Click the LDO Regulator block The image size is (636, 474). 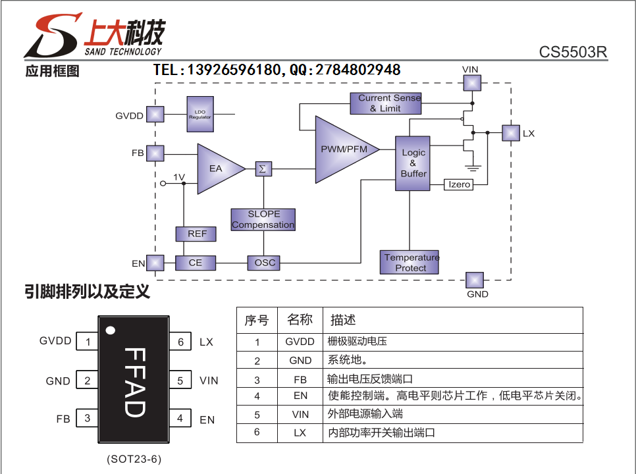(200, 114)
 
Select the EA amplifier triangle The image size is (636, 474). (217, 169)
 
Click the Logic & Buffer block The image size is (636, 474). (413, 163)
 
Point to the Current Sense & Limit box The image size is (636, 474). (386, 103)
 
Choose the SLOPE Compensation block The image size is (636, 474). (263, 219)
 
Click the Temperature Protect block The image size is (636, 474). (410, 262)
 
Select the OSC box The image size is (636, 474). (263, 263)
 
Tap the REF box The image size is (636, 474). (196, 234)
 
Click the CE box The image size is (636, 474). (196, 263)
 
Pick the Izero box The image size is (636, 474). (459, 184)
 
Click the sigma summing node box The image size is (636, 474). (263, 169)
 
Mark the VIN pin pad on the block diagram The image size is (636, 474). (472, 83)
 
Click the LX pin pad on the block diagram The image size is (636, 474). (511, 133)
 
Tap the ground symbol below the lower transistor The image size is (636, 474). (473, 167)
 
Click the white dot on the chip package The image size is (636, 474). (111, 330)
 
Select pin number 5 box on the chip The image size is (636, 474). (180, 381)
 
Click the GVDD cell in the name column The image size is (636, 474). (300, 342)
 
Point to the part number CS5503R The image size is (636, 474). (573, 52)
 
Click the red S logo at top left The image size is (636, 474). (53, 36)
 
